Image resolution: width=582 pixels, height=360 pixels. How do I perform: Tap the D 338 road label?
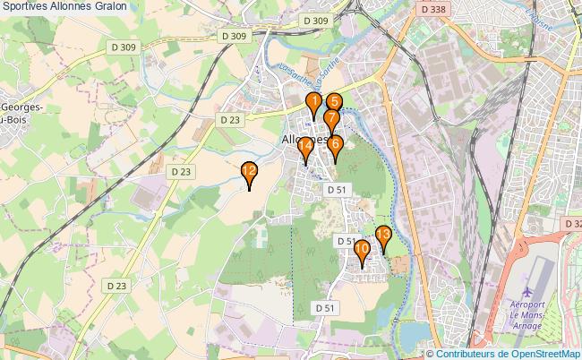click(432, 9)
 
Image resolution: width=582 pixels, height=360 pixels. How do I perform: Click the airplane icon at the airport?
click(526, 292)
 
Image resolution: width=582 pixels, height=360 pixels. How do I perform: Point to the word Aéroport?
click(527, 306)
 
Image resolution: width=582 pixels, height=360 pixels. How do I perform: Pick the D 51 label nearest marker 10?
click(346, 241)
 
